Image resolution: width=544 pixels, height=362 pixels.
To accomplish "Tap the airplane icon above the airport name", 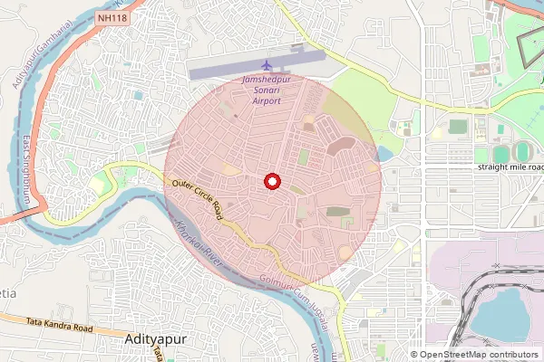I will [266, 66].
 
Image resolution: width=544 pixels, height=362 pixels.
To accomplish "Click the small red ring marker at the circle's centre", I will [270, 181].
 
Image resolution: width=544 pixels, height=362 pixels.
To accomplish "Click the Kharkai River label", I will [199, 243].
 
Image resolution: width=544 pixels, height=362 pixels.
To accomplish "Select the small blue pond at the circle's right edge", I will [384, 154].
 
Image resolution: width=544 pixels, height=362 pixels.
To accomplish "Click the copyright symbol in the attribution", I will [415, 355].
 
